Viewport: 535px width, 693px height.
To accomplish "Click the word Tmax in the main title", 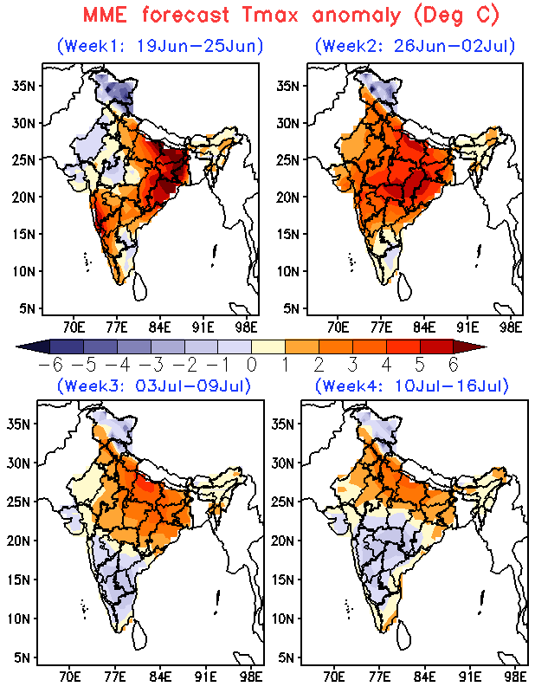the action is (270, 15).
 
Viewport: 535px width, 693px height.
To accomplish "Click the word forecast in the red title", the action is (185, 15).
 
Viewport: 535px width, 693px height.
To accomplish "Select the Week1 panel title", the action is (160, 46).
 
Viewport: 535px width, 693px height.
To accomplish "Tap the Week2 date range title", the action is (416, 46).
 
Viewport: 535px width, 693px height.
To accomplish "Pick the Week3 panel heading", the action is (154, 385).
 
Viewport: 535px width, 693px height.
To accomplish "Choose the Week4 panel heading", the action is (412, 385).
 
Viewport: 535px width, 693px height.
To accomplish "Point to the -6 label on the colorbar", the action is (51, 365).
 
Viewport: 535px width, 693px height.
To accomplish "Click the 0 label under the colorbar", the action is (251, 365).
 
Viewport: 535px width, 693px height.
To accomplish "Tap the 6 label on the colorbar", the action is (454, 365).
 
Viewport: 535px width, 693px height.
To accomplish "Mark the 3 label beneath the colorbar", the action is (352, 365).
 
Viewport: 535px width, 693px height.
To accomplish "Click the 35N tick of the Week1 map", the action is (23, 85).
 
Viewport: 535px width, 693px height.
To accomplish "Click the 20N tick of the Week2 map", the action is (288, 197).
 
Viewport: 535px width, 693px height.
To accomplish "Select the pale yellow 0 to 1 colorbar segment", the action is (268, 346).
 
